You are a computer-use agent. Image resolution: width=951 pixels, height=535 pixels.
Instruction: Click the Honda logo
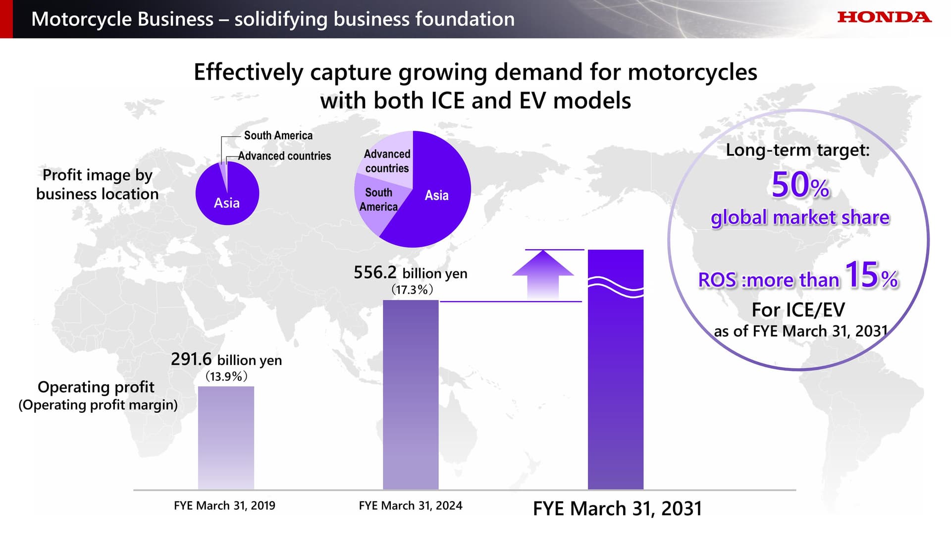pos(884,17)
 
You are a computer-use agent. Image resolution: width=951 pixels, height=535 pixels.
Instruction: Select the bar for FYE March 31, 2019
pos(226,438)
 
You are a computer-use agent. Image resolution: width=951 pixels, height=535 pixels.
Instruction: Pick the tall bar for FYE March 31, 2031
pos(616,386)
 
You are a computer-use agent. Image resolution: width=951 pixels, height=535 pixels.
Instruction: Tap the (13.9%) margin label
pos(226,376)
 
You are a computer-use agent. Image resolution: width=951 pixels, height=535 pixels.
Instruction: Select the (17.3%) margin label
pos(412,289)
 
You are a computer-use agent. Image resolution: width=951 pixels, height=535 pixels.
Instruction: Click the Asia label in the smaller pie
pos(227,203)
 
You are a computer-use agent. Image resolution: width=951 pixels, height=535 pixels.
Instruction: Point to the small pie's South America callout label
pos(278,135)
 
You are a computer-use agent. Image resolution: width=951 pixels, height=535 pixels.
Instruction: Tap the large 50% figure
pos(800,185)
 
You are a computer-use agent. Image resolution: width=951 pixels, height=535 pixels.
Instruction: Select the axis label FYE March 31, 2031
pos(617,509)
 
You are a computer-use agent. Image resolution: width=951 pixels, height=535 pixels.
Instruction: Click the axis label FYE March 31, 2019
pos(224,506)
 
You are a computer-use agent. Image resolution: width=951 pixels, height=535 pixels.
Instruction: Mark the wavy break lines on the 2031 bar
pos(616,287)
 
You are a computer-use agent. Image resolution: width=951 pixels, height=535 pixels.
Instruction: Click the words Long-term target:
pos(797,150)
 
